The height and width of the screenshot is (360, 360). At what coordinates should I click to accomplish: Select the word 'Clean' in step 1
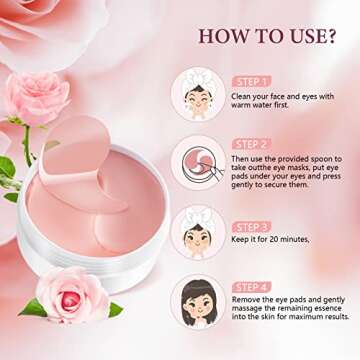(243, 94)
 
